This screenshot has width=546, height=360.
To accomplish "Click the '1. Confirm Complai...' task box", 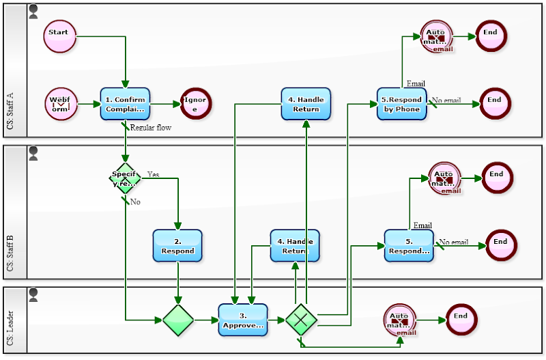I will pyautogui.click(x=125, y=104).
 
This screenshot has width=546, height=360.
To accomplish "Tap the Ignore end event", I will pyautogui.click(x=195, y=105).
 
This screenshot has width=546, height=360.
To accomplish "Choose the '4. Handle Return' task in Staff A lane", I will pyautogui.click(x=306, y=104).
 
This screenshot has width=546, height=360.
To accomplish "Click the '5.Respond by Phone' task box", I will pyautogui.click(x=402, y=104).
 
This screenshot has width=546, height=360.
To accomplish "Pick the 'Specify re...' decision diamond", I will pyautogui.click(x=126, y=178).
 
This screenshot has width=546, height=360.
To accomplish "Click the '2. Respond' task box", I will pyautogui.click(x=177, y=246).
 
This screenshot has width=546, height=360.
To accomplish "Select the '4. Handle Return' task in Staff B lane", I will pyautogui.click(x=295, y=246).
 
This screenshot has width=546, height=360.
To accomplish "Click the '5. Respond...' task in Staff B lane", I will pyautogui.click(x=409, y=246).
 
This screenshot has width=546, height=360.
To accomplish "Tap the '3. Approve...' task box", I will pyautogui.click(x=243, y=320).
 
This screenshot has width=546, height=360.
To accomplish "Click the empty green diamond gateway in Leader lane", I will pyautogui.click(x=178, y=320).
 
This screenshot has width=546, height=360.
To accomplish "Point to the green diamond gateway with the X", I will pyautogui.click(x=301, y=320).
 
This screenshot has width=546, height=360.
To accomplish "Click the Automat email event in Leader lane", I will pyautogui.click(x=401, y=320).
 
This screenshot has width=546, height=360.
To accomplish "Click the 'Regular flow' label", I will pyautogui.click(x=151, y=127).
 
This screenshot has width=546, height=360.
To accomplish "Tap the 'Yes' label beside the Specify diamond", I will pyautogui.click(x=153, y=174).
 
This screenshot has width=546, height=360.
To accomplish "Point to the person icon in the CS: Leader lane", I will pyautogui.click(x=33, y=294).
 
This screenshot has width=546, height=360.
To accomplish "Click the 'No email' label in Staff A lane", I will pyautogui.click(x=448, y=100).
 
